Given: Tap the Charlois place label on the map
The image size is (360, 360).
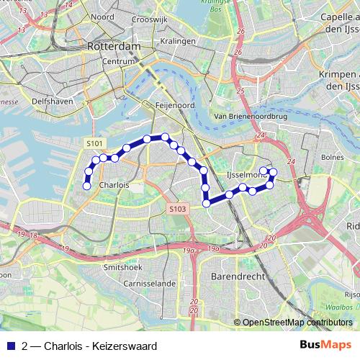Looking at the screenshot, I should [114, 184].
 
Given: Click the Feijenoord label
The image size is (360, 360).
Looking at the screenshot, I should [171, 104].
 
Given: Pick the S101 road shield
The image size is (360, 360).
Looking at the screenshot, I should [94, 144].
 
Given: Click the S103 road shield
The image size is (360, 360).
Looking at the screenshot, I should [179, 209].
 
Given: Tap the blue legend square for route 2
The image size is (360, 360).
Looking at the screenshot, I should [10, 346].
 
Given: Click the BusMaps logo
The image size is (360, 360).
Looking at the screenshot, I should [325, 346].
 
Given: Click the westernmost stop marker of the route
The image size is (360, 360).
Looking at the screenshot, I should [86, 186].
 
